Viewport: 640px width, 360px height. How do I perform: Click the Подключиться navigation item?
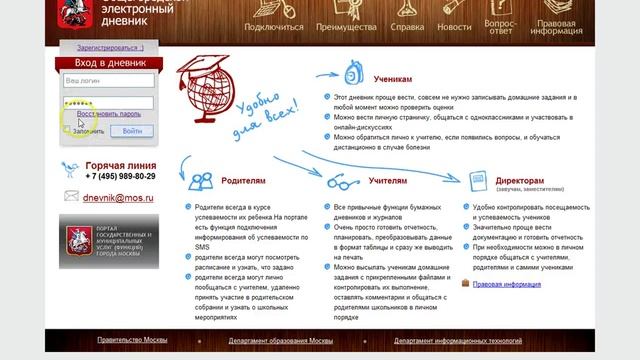[273, 27]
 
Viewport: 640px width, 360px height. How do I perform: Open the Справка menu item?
[407, 27]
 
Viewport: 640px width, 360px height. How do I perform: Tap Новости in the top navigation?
[454, 27]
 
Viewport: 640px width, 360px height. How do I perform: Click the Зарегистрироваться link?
[110, 47]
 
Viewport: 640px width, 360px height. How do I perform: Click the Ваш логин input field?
[108, 79]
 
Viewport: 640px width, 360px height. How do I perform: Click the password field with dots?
[108, 102]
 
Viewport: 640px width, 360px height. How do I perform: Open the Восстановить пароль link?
[109, 115]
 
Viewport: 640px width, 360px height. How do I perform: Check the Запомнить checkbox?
[68, 130]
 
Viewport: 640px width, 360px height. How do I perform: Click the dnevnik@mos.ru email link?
[118, 198]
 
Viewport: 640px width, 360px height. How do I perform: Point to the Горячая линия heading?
[120, 165]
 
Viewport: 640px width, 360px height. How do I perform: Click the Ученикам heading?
[392, 77]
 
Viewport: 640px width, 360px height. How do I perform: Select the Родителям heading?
[244, 182]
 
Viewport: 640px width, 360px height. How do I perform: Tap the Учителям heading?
[388, 182]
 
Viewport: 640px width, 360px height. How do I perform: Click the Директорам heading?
[520, 181]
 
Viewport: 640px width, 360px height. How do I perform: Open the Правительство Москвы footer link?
[132, 341]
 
